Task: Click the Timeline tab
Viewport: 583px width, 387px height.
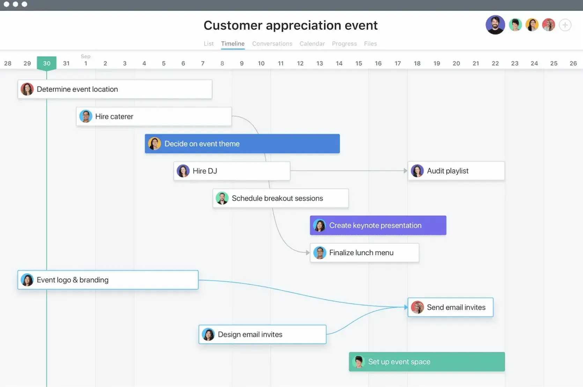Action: (x=233, y=43)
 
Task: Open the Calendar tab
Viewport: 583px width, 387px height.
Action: (x=312, y=43)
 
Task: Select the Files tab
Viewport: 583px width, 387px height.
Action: (x=370, y=43)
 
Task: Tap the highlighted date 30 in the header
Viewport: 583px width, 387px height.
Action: (x=46, y=63)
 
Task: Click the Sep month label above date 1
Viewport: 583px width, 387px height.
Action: (x=86, y=56)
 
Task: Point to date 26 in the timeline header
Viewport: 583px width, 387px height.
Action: (x=573, y=63)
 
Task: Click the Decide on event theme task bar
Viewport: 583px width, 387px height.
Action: (x=242, y=144)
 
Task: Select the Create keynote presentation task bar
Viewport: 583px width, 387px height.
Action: (x=378, y=225)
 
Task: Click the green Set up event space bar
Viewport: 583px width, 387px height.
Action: (x=427, y=362)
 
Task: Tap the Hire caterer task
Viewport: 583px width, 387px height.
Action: (x=154, y=116)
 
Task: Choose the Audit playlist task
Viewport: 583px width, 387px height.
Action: (x=456, y=171)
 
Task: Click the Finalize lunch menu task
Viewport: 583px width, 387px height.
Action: (x=364, y=253)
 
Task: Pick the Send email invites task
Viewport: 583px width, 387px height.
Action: (x=450, y=307)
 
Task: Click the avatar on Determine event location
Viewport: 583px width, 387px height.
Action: (x=27, y=89)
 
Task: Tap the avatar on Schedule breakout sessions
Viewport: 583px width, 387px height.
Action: (x=222, y=198)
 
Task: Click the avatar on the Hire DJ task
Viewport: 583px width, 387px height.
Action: (x=183, y=171)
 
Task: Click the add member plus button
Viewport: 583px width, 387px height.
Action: (x=565, y=25)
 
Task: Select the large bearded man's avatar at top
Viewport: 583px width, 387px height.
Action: (x=495, y=25)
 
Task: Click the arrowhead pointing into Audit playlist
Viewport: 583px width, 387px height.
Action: (x=405, y=171)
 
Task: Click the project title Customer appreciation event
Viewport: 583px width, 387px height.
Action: (x=290, y=25)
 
